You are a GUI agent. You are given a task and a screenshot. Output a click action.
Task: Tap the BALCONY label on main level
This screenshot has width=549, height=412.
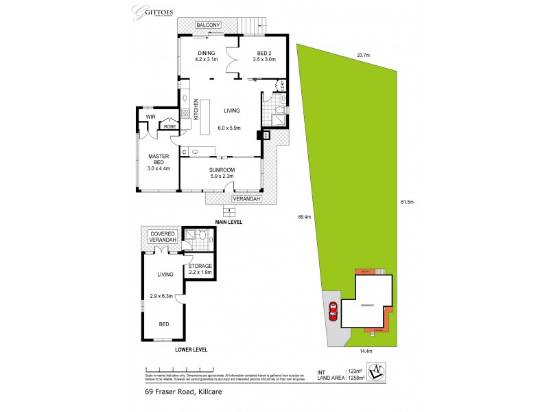coord(208,25)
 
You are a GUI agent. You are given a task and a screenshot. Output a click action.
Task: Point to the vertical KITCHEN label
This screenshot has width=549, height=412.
coord(196,110)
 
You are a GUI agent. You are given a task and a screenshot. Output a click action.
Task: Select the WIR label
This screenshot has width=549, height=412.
coord(151,117)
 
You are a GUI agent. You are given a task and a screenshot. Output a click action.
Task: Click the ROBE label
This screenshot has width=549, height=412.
coord(169,126)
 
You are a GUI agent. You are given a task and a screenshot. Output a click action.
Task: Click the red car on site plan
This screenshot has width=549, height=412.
coord(333,311)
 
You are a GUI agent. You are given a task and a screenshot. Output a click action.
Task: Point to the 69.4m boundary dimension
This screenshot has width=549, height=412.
coord(305,217)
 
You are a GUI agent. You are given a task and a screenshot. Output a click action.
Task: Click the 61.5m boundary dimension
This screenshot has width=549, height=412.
coord(408,202)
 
